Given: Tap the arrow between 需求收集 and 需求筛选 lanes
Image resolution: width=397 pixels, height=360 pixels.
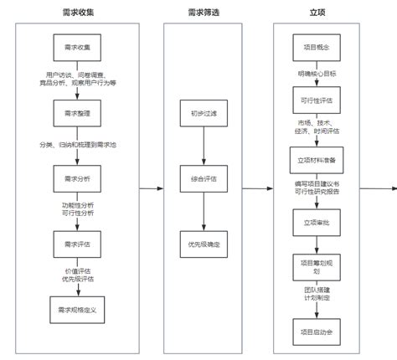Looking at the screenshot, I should tap(151, 188).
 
